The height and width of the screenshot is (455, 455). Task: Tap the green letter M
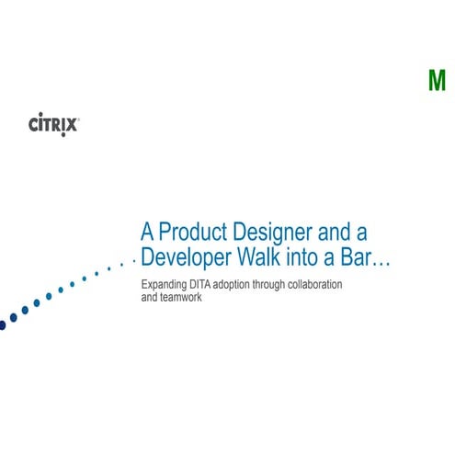[x=437, y=82]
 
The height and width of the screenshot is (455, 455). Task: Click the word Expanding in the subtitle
[x=165, y=285]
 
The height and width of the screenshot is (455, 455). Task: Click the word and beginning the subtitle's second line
[x=150, y=299]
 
